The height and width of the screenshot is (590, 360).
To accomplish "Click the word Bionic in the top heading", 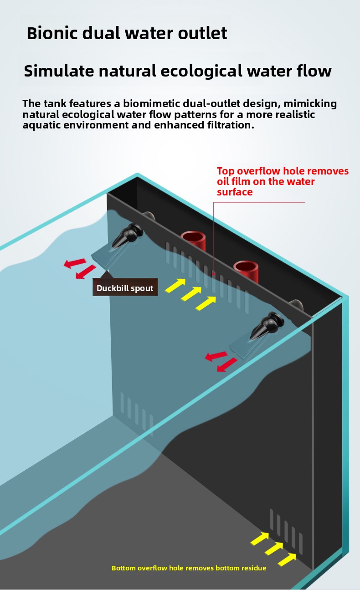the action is click(x=52, y=33).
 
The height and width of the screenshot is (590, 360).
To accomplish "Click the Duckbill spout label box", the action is click(x=125, y=287).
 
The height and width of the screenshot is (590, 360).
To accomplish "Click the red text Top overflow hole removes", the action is click(x=283, y=171).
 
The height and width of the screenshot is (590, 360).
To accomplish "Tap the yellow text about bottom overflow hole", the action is click(x=189, y=568).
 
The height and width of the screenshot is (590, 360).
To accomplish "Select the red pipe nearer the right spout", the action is click(x=246, y=271).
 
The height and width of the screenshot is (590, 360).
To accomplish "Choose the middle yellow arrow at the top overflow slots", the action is click(x=191, y=293).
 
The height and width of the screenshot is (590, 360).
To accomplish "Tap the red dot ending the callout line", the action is click(x=213, y=274).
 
